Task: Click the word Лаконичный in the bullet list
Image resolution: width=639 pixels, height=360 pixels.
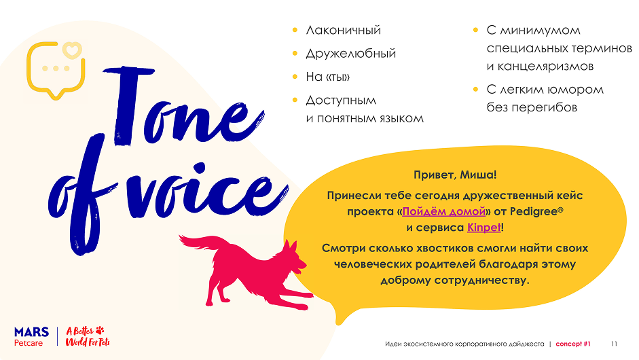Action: coord(343,31)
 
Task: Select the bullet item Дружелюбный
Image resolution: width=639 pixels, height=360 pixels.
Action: coord(350,54)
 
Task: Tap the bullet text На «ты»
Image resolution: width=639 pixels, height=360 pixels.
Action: coord(327,77)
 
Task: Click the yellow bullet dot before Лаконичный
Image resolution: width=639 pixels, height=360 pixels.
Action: coord(294,31)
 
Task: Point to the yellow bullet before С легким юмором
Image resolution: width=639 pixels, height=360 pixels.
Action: coord(475,90)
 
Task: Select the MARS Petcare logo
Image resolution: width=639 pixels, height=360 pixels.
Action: coord(31,337)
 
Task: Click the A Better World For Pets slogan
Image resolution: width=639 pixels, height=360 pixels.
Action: coord(88,337)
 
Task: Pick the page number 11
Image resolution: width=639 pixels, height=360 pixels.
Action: coord(615,344)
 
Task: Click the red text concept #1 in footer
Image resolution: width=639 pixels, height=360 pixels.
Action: coord(573,344)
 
